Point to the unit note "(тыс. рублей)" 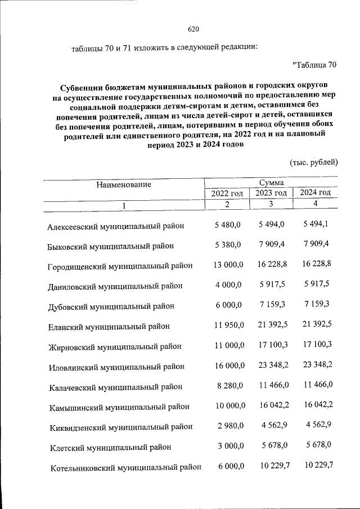[313, 163]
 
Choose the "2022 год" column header [227, 193]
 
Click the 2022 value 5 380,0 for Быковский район [228, 245]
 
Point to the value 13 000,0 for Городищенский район [227, 264]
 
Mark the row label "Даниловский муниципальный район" [115, 286]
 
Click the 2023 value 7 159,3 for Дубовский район [272, 305]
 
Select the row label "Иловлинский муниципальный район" [116, 367]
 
